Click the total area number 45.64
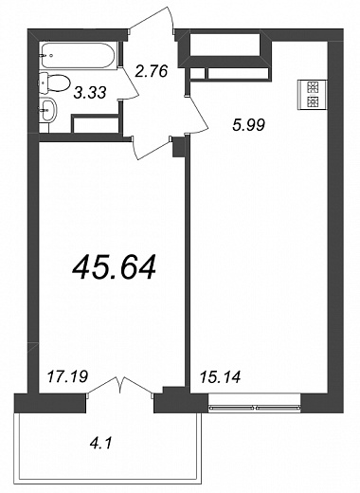tap(114, 267)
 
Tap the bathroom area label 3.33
tap(89, 93)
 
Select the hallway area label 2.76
tap(151, 71)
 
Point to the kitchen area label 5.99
tap(248, 125)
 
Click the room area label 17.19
tap(67, 376)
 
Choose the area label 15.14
tap(221, 377)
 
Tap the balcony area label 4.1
tap(100, 444)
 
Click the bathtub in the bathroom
tap(80, 55)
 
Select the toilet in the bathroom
tap(54, 83)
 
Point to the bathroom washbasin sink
tap(48, 110)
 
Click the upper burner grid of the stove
tap(312, 87)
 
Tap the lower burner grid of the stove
tap(312, 101)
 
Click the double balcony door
tap(120, 386)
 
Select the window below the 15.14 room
tap(255, 403)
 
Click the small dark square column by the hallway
tap(178, 147)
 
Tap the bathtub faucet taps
tap(46, 56)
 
